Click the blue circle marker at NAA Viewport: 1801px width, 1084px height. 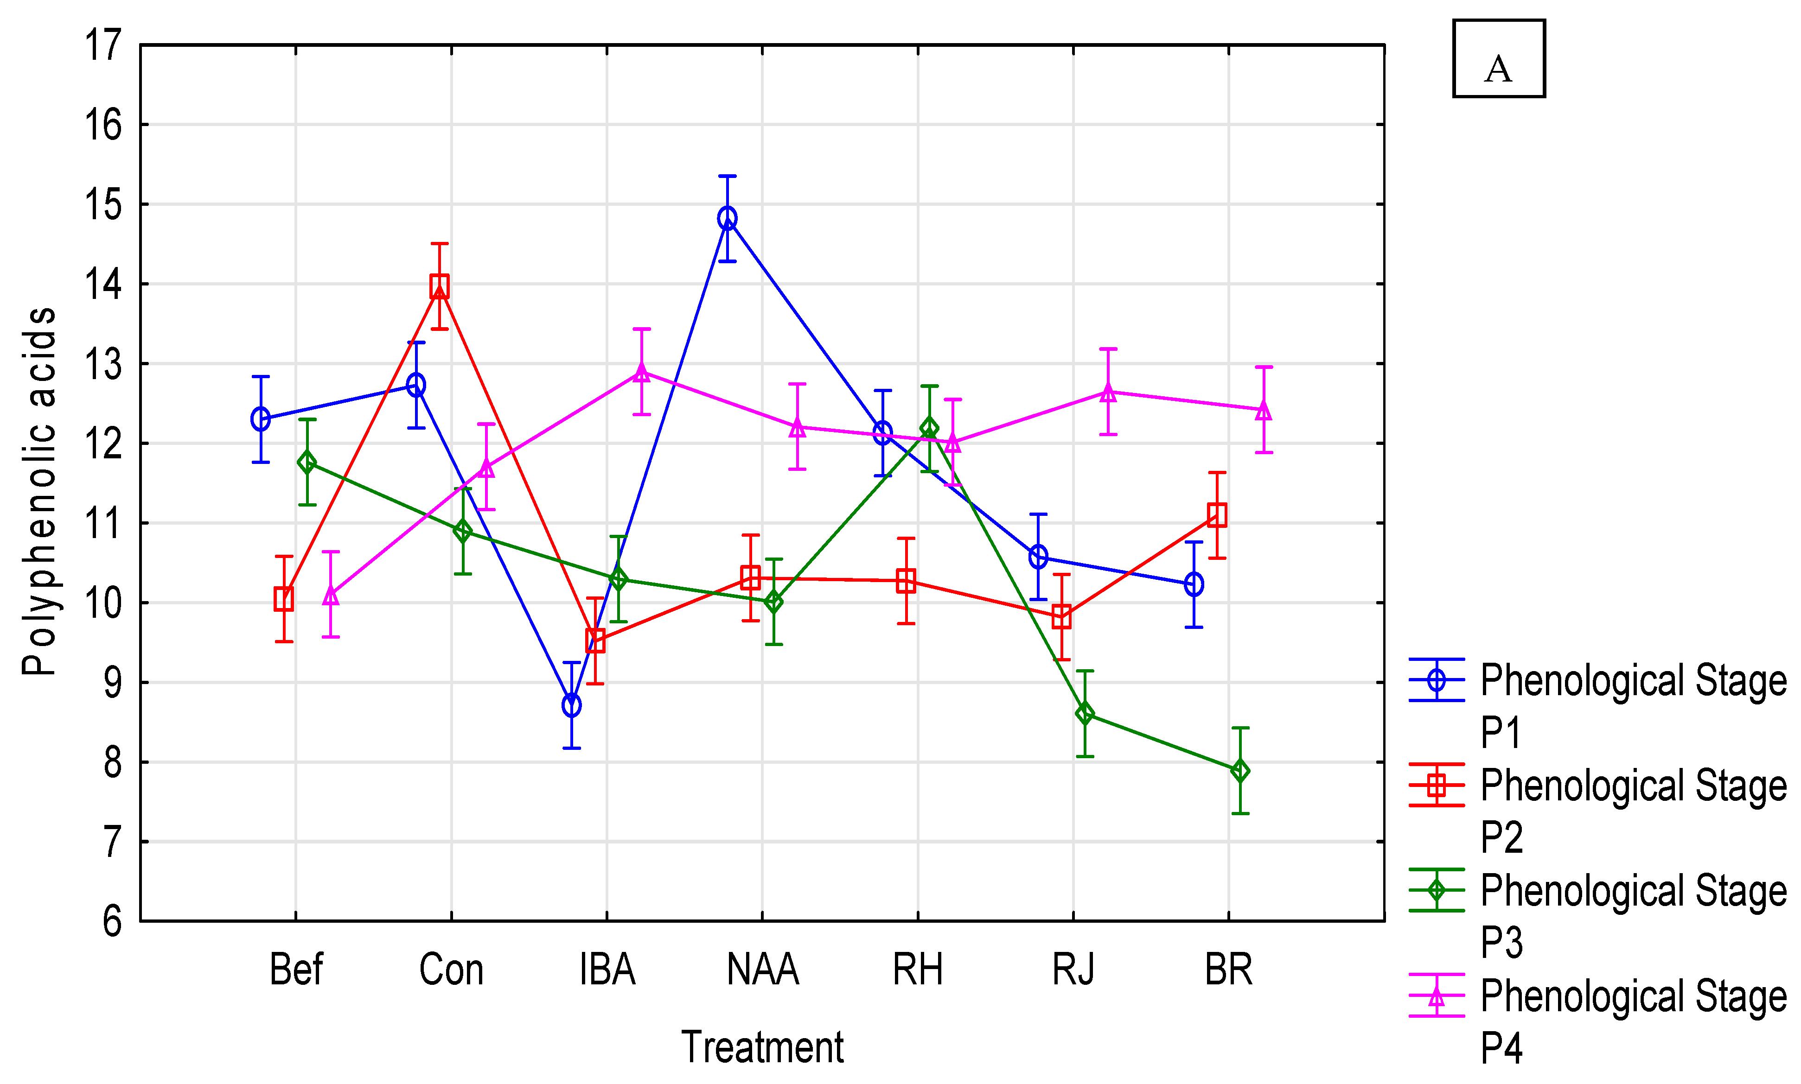coord(727,218)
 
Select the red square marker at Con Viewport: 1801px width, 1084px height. coord(439,285)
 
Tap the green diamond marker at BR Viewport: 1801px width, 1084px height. coord(1240,771)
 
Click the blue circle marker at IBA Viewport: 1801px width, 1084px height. coord(571,705)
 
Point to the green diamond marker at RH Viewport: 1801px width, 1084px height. coord(929,428)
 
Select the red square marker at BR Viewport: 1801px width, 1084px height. coord(1216,515)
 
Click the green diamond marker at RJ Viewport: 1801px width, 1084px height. coord(1085,713)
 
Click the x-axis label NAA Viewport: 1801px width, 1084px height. coord(762,970)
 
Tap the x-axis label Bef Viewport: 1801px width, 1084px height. coord(296,970)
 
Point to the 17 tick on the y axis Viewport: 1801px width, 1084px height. coord(103,45)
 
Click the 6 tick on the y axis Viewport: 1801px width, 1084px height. coord(112,921)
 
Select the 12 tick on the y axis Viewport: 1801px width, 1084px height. coord(103,444)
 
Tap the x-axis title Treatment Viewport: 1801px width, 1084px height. coord(762,1047)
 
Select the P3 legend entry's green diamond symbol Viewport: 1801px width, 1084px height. coord(1437,890)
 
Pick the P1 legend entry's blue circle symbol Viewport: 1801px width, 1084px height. coord(1437,680)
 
